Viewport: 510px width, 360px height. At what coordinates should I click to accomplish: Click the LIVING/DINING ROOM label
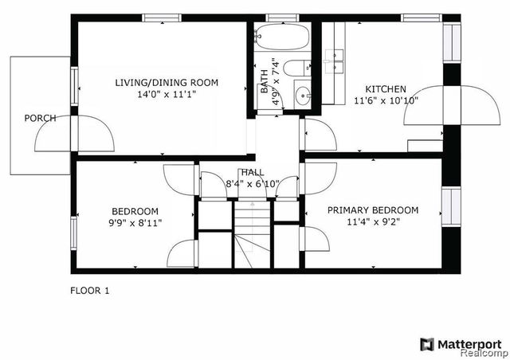pos(166,82)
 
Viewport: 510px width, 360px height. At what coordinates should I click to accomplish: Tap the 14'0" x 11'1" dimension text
pos(166,93)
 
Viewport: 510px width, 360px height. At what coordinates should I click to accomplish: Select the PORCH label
pos(40,118)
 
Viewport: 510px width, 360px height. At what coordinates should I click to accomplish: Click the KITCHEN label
pos(386,88)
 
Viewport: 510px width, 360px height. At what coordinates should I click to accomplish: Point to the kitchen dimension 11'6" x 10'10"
pos(386,100)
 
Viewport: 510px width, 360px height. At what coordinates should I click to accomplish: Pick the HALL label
pos(253,172)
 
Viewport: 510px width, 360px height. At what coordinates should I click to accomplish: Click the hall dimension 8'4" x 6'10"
pos(253,184)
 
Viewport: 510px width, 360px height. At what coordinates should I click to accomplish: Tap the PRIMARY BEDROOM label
pos(373,210)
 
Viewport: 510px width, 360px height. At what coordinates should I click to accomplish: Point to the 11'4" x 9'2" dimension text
pos(373,222)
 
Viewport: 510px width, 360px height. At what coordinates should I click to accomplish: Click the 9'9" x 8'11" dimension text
pos(134,223)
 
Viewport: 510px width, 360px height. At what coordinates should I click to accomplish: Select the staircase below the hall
pos(253,235)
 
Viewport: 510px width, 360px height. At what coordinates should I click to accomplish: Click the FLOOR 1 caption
pos(90,291)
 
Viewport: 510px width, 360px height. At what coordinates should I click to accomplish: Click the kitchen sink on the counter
pos(335,56)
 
